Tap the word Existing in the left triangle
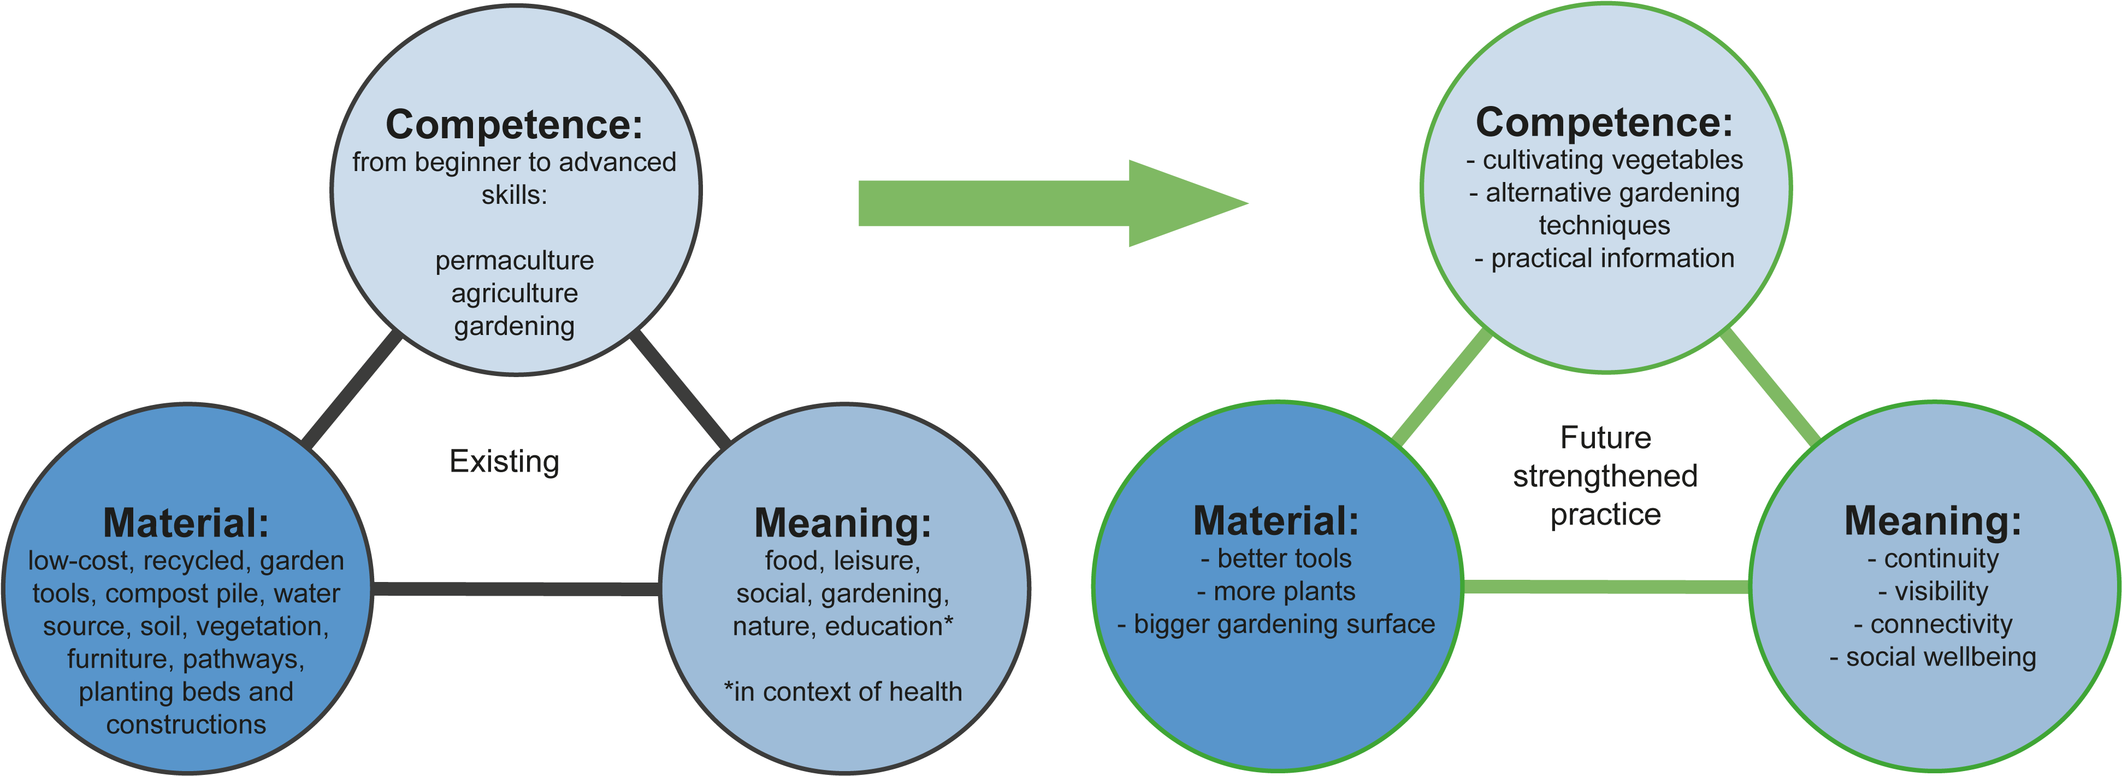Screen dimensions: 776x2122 tap(504, 461)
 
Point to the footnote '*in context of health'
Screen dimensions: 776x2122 tap(843, 692)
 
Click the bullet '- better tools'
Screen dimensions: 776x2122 tap(1276, 559)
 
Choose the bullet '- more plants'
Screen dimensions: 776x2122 tap(1276, 591)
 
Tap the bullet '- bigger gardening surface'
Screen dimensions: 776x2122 tap(1276, 625)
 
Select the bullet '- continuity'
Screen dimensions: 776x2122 tap(1932, 559)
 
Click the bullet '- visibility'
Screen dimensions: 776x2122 tap(1932, 591)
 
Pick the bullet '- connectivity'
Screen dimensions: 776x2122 tap(1932, 625)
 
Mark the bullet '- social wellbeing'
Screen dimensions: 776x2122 tap(1932, 657)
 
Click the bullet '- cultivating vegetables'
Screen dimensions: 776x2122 tap(1605, 160)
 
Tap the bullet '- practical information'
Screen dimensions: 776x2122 tap(1605, 258)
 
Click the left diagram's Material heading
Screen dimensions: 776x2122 tap(186, 522)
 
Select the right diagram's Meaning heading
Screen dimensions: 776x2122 tap(1932, 521)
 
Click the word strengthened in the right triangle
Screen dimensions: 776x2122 tap(1605, 476)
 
